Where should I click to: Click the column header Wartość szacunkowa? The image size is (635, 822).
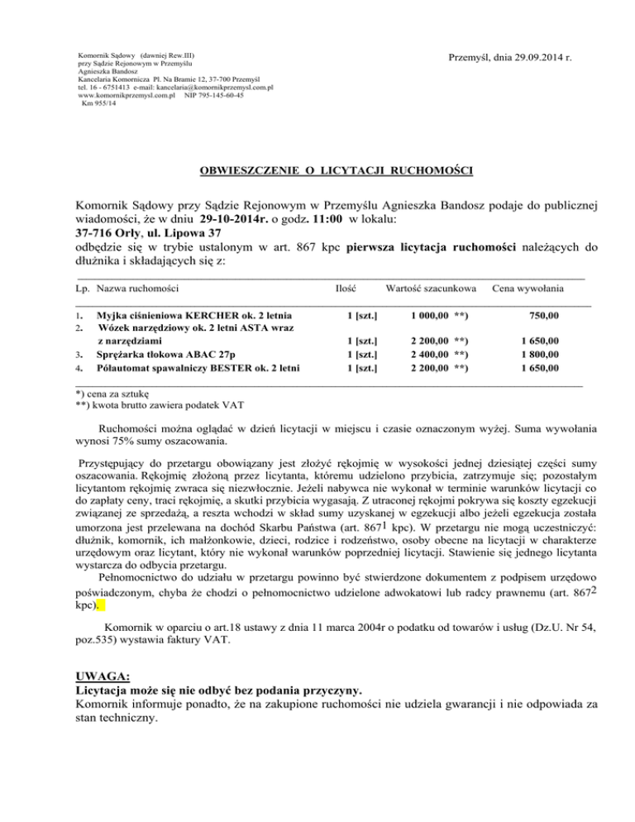(x=430, y=288)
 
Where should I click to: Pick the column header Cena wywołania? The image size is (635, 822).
(x=528, y=288)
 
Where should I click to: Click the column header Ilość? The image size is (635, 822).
(x=346, y=288)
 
